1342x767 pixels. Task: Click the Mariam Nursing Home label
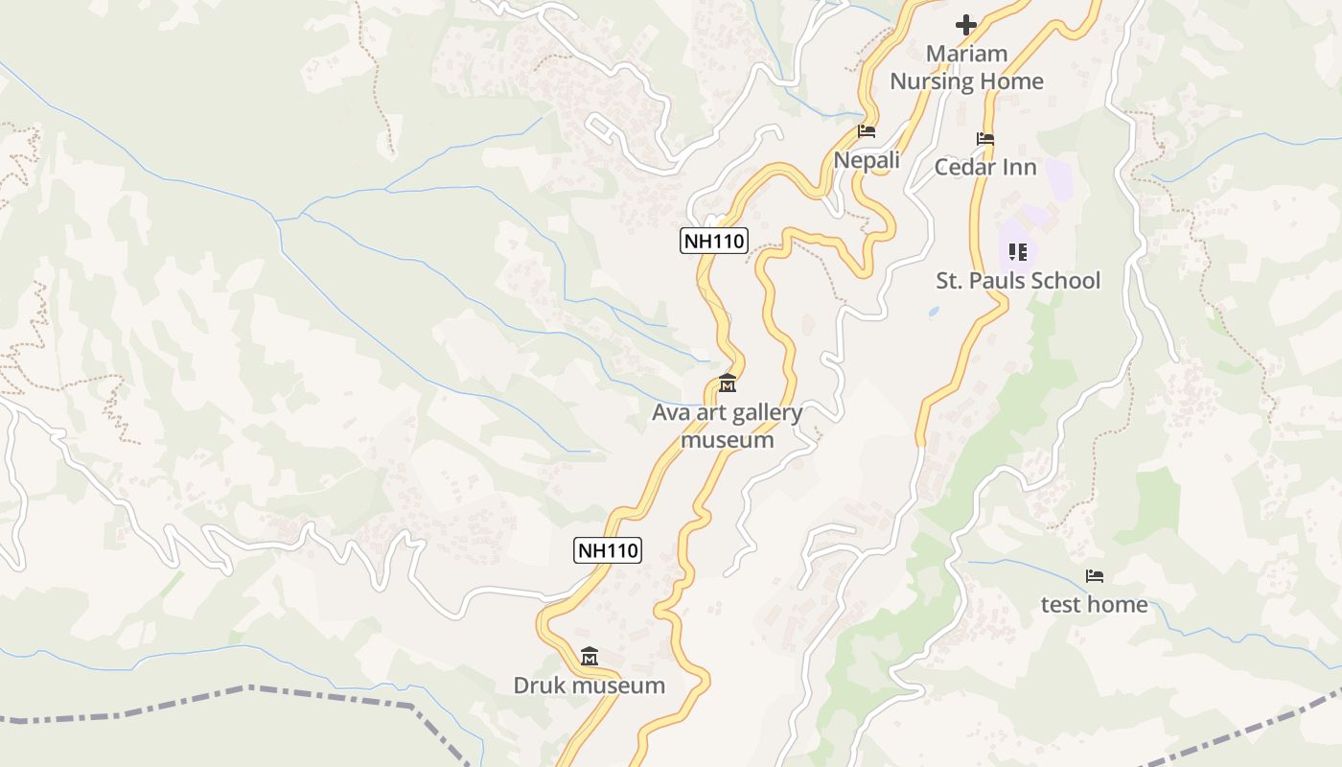(966, 67)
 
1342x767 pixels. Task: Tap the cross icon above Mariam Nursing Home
(966, 24)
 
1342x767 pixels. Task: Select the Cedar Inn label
(985, 167)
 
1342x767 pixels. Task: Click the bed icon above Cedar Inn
(985, 139)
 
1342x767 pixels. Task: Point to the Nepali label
(867, 160)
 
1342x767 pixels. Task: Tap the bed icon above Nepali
(867, 131)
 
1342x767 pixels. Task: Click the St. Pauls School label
(1018, 281)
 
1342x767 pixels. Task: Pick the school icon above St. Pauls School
(1018, 252)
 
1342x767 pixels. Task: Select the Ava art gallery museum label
(728, 427)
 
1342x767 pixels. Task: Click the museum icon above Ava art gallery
(728, 384)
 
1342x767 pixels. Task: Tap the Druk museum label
(590, 686)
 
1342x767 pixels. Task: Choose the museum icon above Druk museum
(590, 657)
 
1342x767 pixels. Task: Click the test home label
(1095, 604)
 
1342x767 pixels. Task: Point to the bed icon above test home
(1095, 576)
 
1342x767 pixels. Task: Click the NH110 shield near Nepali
(714, 241)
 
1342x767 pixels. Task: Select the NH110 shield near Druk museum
(608, 550)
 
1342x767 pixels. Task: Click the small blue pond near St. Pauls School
(934, 312)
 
